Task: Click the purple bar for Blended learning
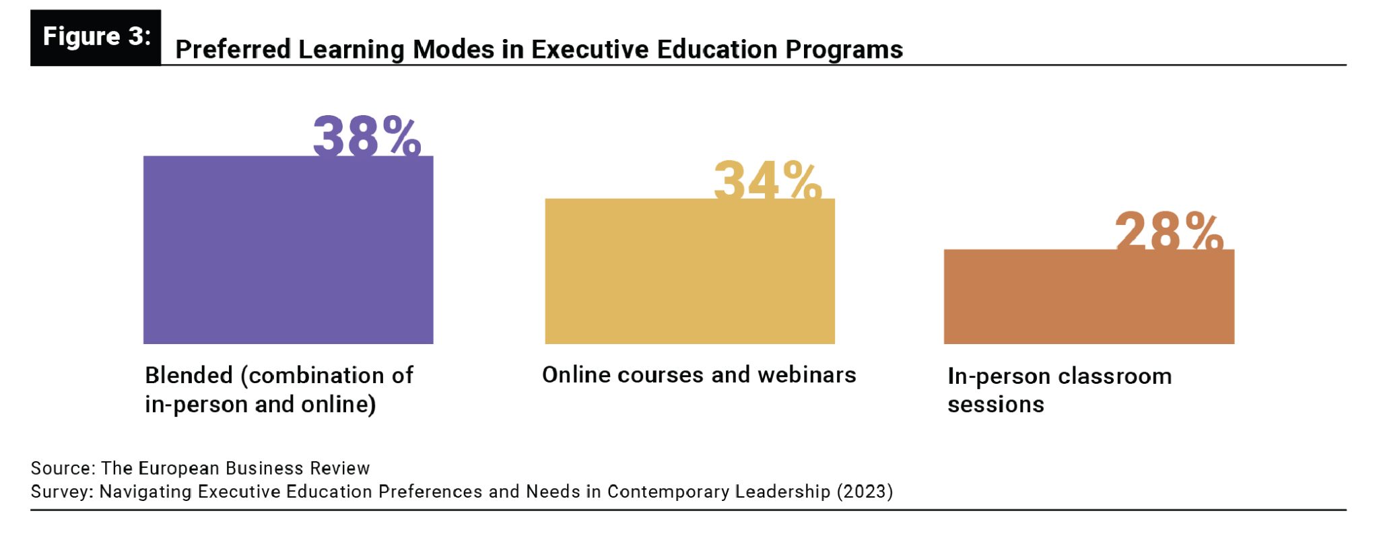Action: coord(288,250)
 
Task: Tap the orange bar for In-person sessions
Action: coord(1089,296)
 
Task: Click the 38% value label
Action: coord(367,136)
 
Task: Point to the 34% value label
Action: coord(768,180)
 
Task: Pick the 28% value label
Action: coord(1169,230)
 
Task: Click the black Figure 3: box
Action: coord(96,37)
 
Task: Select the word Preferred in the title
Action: coord(233,50)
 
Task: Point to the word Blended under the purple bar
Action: coord(189,375)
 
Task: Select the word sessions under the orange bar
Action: coord(995,405)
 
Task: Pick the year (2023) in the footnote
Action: coord(865,492)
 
